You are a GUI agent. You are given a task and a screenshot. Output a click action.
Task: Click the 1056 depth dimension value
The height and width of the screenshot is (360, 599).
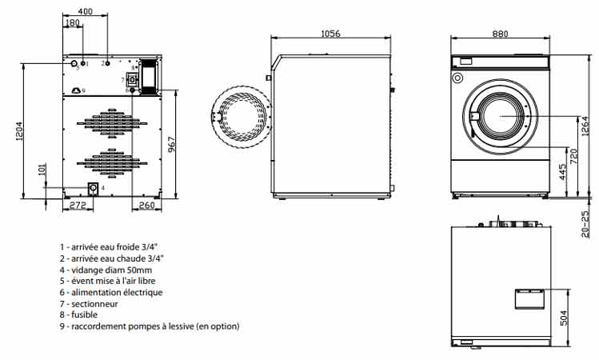[330, 34]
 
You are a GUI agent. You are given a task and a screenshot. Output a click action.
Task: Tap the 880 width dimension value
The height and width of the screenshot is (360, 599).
[500, 34]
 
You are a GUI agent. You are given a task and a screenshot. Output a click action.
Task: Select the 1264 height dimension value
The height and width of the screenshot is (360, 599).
[585, 126]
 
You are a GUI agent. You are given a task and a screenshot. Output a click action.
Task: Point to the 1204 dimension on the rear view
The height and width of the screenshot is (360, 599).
[19, 131]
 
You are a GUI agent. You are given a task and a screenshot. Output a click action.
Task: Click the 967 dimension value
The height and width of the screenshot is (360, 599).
[171, 144]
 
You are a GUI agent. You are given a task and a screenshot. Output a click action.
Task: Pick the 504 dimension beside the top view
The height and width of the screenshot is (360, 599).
[564, 318]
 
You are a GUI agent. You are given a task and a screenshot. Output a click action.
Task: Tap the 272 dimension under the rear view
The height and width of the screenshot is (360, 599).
[78, 206]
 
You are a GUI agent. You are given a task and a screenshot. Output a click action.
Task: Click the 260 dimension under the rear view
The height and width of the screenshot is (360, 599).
[146, 206]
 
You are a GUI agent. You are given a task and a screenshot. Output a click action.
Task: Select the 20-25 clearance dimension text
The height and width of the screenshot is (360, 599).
[585, 224]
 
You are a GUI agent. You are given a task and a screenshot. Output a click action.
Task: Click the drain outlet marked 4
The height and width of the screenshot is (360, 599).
[93, 188]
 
